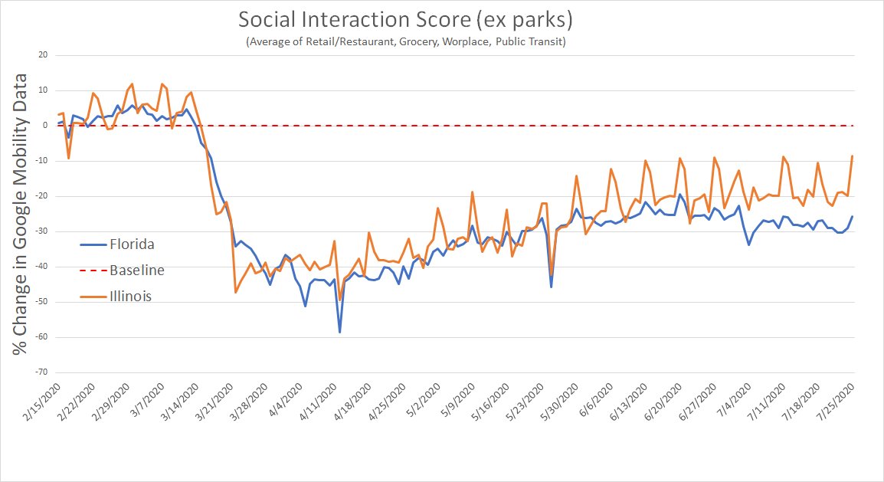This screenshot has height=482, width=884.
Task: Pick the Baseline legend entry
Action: point(136,270)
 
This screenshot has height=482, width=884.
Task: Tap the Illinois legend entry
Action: point(130,296)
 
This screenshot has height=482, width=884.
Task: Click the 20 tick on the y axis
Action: point(42,55)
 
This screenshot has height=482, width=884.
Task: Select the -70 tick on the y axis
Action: point(41,372)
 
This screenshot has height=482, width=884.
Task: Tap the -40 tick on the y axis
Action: point(41,267)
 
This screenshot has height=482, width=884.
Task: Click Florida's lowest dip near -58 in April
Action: point(339,332)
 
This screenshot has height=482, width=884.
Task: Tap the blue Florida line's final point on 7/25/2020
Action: point(852,217)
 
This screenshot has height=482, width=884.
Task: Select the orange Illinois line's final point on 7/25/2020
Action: point(852,156)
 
